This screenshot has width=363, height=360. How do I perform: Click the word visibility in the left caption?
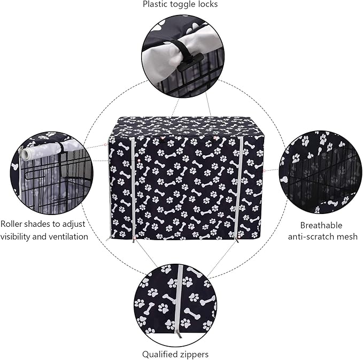pyautogui.click(x=19, y=236)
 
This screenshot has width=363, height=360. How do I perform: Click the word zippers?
pyautogui.click(x=195, y=354)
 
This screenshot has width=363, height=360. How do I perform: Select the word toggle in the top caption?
pyautogui.click(x=182, y=5)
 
